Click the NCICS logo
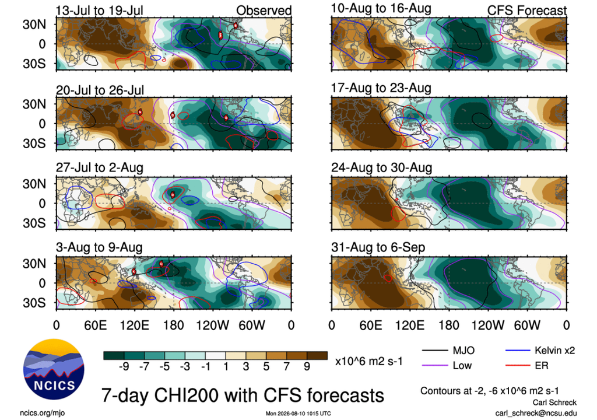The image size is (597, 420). (54, 369)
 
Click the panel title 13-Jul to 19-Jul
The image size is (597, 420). (99, 10)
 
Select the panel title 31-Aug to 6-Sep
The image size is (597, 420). (378, 248)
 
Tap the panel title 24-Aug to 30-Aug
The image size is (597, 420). (381, 167)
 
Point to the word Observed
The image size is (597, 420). (264, 10)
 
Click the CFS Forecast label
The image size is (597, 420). (527, 10)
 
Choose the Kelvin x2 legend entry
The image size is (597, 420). (540, 350)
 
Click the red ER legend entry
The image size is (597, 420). (527, 366)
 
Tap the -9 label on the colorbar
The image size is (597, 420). (124, 367)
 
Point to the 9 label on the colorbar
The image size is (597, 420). (307, 367)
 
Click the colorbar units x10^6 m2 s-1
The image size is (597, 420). (368, 361)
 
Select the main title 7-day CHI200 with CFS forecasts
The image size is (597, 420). (243, 395)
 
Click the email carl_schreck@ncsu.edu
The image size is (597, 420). (536, 413)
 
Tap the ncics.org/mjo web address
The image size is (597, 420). (42, 413)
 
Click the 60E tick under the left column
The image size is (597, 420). (96, 325)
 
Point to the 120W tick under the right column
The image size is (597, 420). (488, 325)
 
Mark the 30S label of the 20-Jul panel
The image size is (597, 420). (34, 143)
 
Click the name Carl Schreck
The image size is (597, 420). (554, 402)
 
